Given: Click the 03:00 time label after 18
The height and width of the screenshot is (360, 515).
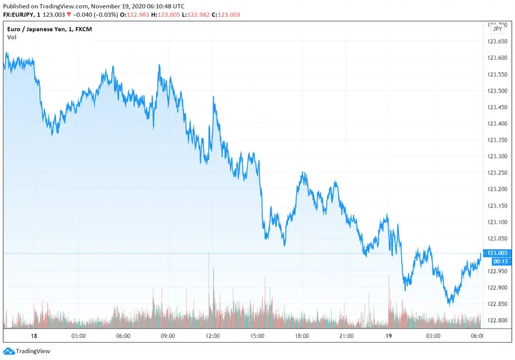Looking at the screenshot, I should [79, 336].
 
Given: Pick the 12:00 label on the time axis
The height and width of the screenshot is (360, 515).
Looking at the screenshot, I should [212, 336].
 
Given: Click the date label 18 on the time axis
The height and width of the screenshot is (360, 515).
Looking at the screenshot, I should [34, 336].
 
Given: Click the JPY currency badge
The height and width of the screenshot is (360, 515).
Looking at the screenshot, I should [497, 29].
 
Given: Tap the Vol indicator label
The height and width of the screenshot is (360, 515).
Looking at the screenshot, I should [12, 37].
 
